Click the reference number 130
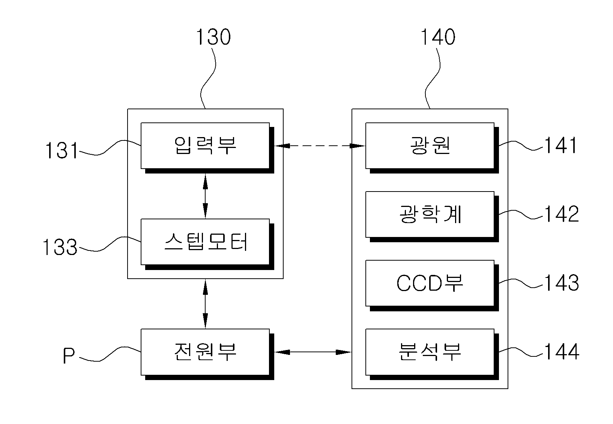click(213, 37)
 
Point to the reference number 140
click(438, 37)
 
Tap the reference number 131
click(61, 150)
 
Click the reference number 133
click(60, 247)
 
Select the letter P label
click(69, 356)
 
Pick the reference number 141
click(561, 145)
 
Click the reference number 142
click(562, 214)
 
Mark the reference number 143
click(562, 283)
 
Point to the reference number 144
click(562, 352)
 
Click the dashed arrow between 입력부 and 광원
click(320, 146)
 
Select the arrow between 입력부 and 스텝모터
click(205, 196)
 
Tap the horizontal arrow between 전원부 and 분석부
click(313, 352)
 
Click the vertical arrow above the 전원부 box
click(205, 304)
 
